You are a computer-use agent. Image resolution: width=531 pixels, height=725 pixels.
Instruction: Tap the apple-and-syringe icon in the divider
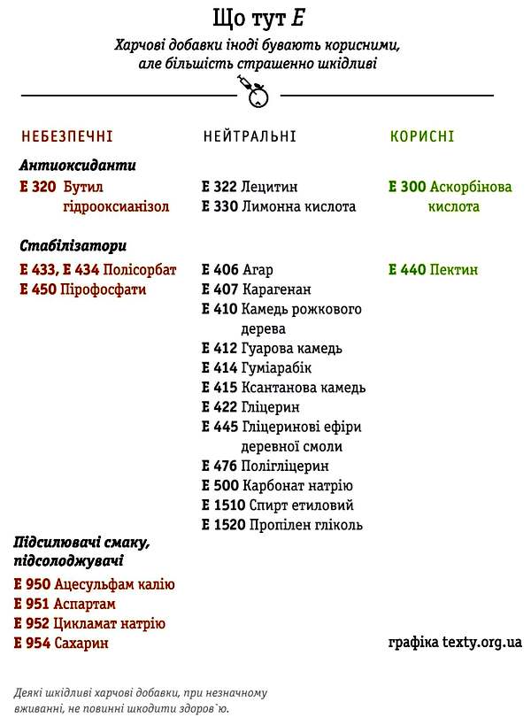pos(254,92)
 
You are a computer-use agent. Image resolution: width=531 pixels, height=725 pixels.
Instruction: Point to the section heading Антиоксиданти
pos(77,166)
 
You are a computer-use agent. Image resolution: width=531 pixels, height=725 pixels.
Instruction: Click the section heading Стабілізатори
pos(73,246)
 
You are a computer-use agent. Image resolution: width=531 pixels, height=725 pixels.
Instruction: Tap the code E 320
pos(37,187)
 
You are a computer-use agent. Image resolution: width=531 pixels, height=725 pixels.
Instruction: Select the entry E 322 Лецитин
pos(250,187)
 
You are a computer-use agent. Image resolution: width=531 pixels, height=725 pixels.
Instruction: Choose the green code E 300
pos(407,187)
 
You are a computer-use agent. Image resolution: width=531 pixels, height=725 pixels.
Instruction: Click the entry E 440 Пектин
pos(433,269)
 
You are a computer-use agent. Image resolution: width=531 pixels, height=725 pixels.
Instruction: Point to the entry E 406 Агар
pos(237,270)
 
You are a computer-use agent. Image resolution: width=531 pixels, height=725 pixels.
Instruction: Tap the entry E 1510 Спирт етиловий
pos(278,505)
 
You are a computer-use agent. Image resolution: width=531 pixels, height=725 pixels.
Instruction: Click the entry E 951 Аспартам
pos(65,604)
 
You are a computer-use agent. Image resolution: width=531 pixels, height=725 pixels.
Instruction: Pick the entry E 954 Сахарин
pos(61,643)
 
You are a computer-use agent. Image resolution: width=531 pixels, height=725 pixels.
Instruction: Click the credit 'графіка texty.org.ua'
pos(455,641)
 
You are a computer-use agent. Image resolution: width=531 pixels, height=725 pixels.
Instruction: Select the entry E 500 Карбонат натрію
pos(277,486)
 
